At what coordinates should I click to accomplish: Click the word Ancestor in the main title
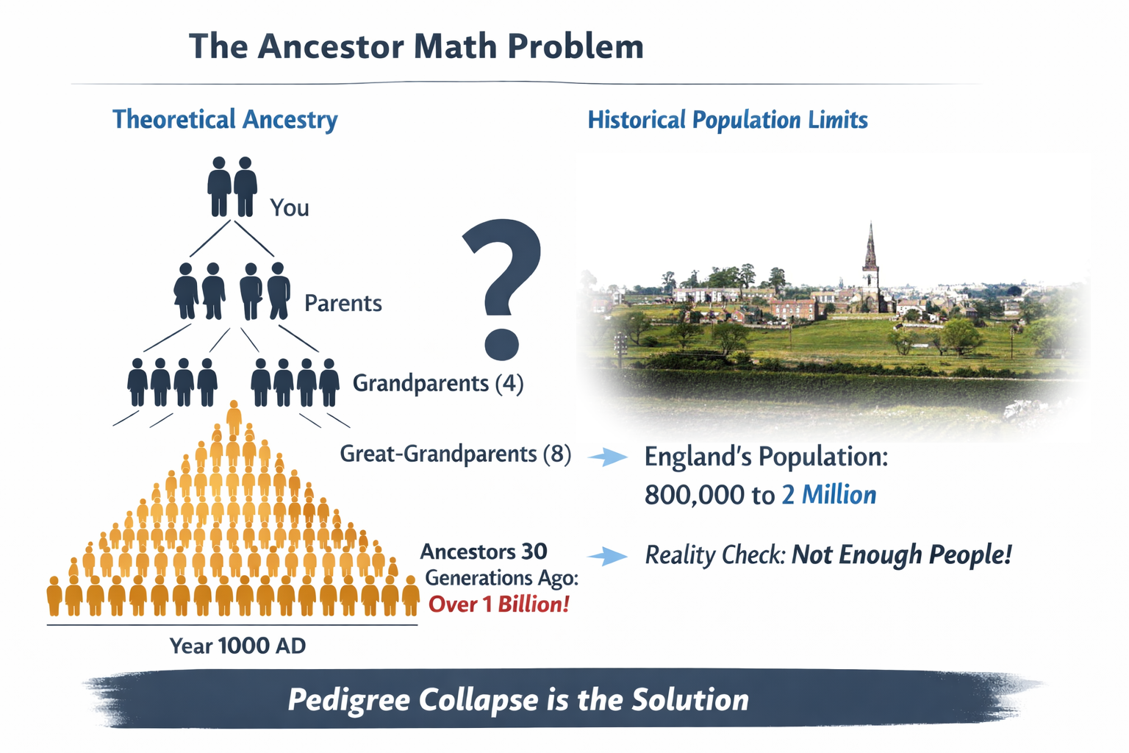(x=330, y=46)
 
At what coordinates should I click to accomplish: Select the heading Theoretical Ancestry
(x=225, y=119)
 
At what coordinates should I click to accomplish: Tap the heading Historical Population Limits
(x=727, y=120)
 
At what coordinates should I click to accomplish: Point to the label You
(x=289, y=208)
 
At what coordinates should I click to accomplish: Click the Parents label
(x=343, y=303)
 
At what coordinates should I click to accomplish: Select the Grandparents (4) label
(x=437, y=383)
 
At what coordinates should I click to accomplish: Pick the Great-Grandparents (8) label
(x=455, y=454)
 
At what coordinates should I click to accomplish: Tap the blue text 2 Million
(x=828, y=495)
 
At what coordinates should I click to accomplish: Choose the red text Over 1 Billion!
(x=498, y=604)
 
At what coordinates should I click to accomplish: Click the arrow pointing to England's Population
(x=608, y=457)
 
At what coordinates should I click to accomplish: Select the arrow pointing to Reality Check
(x=608, y=556)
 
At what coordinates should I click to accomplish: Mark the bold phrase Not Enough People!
(x=901, y=554)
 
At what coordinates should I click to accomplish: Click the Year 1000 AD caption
(x=237, y=646)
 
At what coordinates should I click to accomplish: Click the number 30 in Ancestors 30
(x=534, y=552)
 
